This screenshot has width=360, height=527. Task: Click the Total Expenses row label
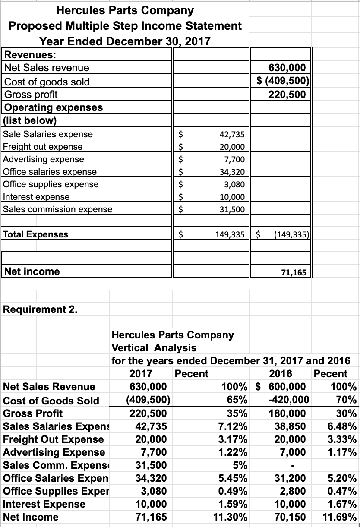point(35,234)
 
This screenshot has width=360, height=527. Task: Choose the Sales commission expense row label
point(57,209)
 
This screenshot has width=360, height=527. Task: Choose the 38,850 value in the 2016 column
point(291,426)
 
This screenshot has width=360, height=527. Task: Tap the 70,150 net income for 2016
point(291,517)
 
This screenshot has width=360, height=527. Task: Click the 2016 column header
point(280,373)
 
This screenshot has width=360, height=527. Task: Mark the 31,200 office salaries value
point(291,478)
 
